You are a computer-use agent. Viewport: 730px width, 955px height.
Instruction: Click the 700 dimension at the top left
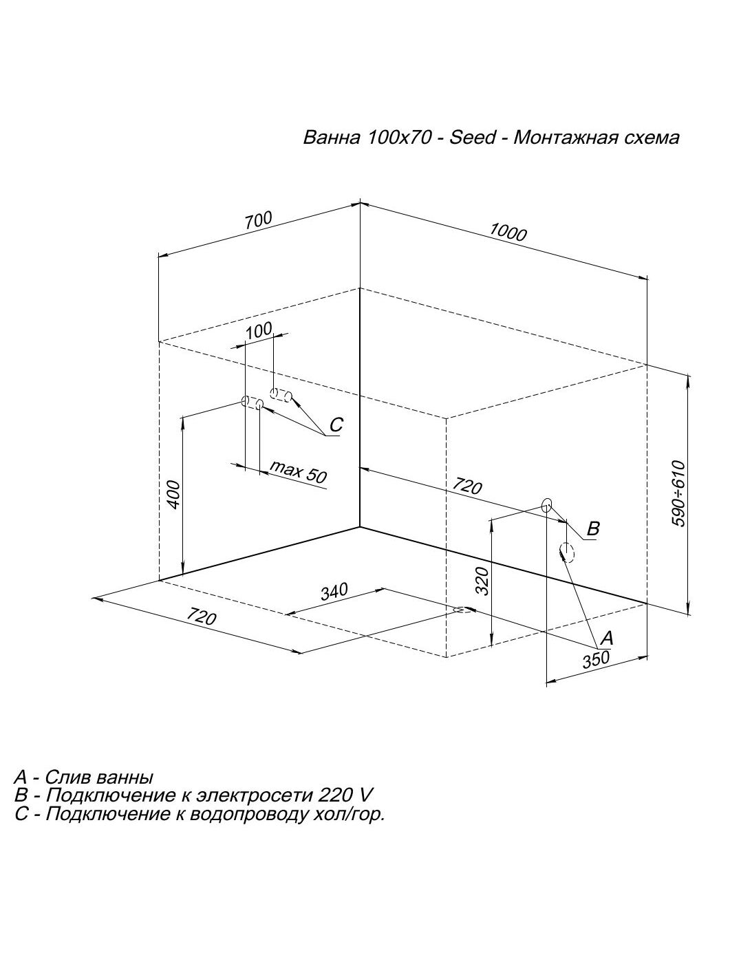pos(258,220)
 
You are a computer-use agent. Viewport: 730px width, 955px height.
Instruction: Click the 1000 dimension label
pos(508,231)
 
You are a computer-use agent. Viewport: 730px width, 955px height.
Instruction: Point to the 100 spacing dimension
pos(259,331)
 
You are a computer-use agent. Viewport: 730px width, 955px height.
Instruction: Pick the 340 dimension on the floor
pos(334,592)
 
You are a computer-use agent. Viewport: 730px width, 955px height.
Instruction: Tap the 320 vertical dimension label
pos(482,581)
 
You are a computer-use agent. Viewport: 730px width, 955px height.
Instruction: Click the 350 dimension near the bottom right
pos(596,659)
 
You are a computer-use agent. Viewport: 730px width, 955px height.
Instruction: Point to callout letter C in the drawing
pos(336,425)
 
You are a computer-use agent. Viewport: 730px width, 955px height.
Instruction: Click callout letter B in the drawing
pos(593,528)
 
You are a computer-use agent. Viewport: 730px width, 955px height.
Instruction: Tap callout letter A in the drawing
pos(606,638)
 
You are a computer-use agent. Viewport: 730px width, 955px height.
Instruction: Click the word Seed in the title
pos(472,138)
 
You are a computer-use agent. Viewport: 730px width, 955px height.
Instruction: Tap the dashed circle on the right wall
pos(567,552)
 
